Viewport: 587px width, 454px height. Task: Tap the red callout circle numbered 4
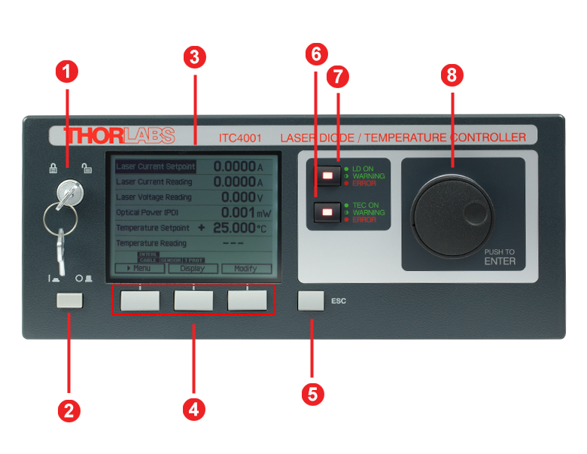point(193,410)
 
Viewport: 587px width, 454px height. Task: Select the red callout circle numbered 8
point(452,75)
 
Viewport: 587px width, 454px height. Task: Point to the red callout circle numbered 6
point(316,53)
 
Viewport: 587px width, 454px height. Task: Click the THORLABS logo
point(119,136)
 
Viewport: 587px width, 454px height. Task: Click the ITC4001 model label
point(239,138)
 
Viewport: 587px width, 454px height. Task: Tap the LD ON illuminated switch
point(327,175)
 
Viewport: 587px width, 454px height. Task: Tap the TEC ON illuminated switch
point(327,213)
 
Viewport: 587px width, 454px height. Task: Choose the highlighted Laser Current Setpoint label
point(155,166)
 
